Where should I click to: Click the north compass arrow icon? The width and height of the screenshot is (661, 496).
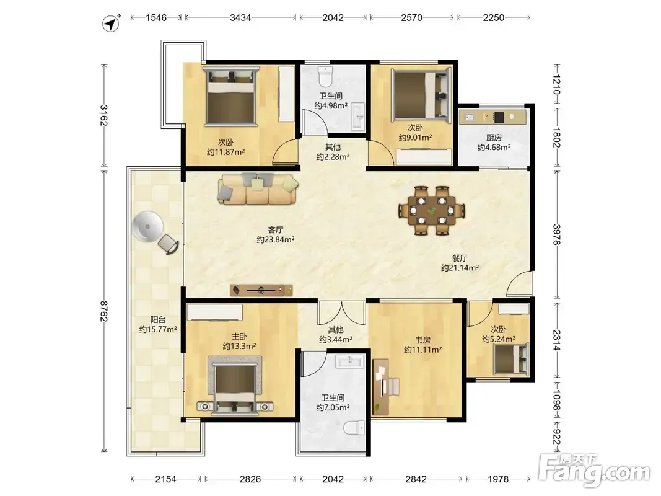tap(111, 23)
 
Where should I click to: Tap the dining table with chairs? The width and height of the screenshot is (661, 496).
tap(432, 210)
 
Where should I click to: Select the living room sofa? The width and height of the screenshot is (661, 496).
tap(258, 188)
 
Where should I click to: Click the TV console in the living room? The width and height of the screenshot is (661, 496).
tap(261, 290)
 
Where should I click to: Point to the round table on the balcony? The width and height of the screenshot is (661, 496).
tap(147, 226)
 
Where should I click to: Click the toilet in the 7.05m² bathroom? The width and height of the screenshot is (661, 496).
tap(354, 428)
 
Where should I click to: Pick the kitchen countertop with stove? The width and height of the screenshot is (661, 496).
tap(492, 117)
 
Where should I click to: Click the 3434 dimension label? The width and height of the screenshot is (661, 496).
tap(241, 18)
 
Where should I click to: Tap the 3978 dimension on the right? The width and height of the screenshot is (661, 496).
tap(557, 234)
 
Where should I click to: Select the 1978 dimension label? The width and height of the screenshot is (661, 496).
tap(498, 479)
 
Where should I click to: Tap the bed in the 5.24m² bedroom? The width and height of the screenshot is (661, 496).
tap(511, 360)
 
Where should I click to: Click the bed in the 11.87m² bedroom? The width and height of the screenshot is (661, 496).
tap(231, 95)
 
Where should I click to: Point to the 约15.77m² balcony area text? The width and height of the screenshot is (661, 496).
tap(158, 329)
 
